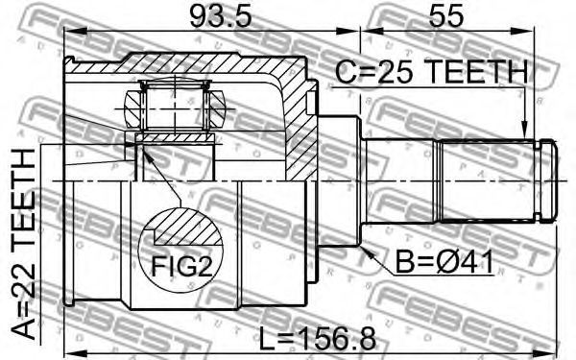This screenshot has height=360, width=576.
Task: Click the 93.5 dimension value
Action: [221, 16]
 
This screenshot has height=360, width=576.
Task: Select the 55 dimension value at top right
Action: [446, 16]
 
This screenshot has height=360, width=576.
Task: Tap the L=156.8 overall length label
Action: [318, 339]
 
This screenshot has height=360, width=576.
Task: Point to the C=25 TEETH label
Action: [432, 72]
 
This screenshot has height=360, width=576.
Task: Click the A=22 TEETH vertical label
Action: [24, 244]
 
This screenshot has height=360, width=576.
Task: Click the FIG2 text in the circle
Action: [182, 266]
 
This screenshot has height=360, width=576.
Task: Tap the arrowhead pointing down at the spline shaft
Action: [525, 133]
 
